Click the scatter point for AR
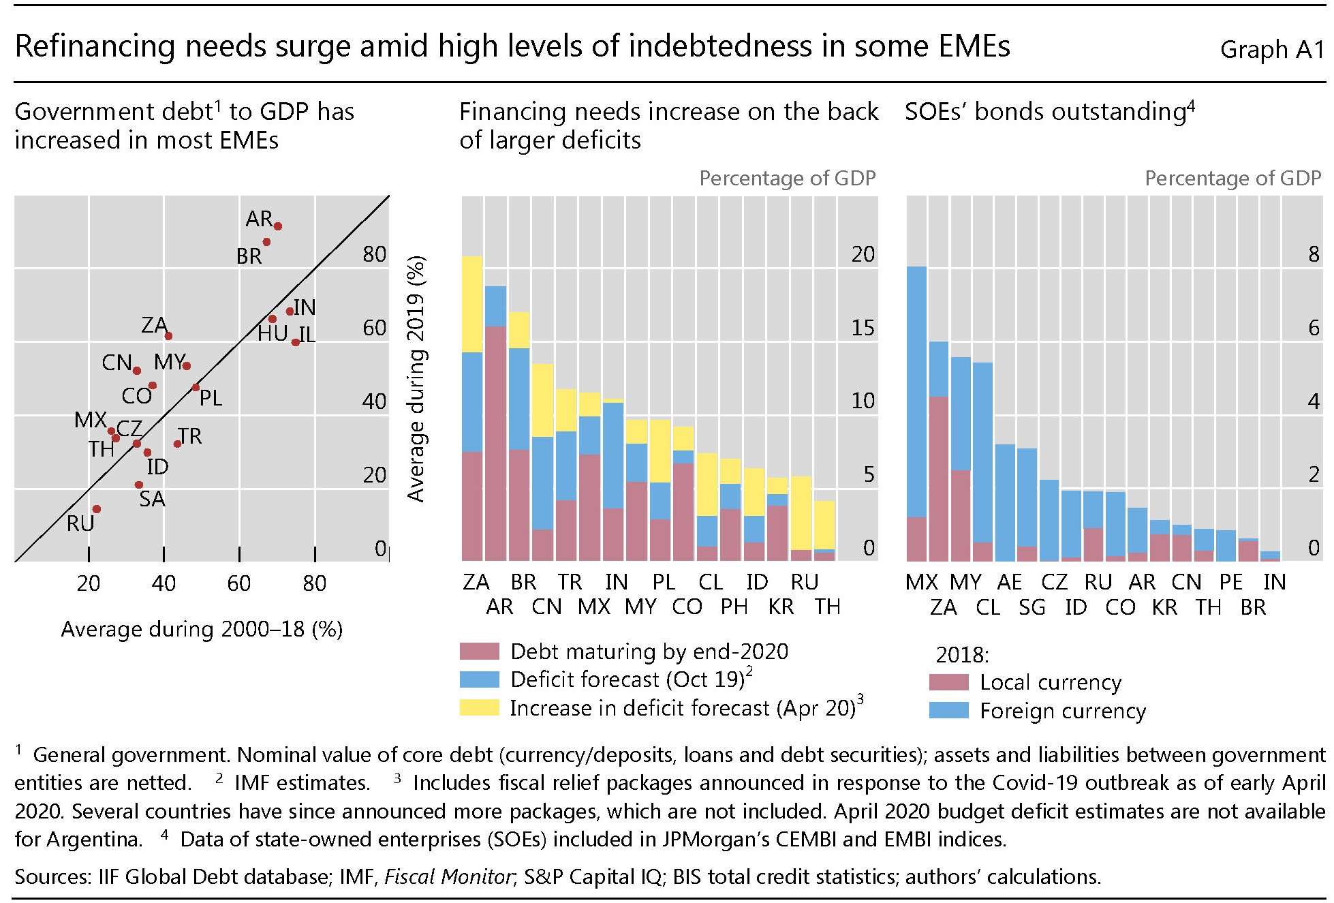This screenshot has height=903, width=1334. click(277, 226)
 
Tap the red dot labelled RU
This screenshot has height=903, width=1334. click(97, 509)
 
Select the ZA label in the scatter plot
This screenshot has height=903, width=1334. click(154, 325)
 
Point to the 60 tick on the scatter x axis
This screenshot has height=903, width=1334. click(239, 583)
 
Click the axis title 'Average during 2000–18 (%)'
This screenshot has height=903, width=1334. click(202, 629)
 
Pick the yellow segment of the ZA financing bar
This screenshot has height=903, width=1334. click(472, 304)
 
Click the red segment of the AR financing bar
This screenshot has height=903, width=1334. click(495, 443)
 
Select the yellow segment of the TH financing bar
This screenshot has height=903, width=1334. click(825, 525)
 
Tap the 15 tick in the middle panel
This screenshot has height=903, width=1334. click(863, 328)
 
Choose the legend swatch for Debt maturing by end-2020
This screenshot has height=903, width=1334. click(480, 652)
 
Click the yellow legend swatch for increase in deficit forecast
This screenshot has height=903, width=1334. click(480, 707)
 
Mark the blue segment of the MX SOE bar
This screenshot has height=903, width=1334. click(917, 392)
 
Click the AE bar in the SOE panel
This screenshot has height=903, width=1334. click(1005, 503)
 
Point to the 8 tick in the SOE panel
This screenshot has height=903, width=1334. click(1314, 254)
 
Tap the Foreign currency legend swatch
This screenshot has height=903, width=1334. click(949, 711)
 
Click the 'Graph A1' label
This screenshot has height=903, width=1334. click(1271, 50)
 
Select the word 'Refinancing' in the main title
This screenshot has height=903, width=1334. click(95, 47)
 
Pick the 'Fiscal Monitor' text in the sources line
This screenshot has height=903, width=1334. click(448, 876)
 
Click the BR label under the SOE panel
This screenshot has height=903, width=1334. click(1253, 607)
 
